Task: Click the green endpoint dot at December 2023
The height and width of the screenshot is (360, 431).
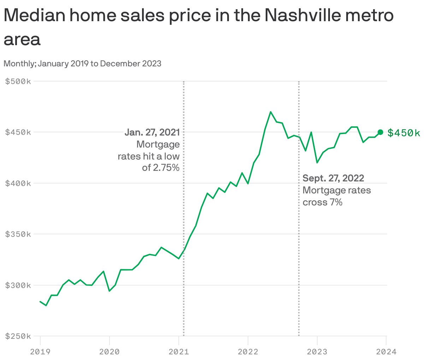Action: [x=380, y=132]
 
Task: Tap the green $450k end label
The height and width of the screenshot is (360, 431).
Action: [x=403, y=133]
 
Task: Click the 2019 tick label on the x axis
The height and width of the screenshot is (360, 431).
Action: [x=40, y=352]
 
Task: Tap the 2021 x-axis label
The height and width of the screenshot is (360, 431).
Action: [x=179, y=352]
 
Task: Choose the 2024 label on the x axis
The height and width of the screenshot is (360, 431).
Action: [x=386, y=352]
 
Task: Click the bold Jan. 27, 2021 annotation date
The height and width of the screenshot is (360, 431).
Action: [x=152, y=132]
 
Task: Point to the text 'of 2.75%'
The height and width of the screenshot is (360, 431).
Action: [x=161, y=168]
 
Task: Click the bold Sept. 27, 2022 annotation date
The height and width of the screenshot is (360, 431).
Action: [x=333, y=178]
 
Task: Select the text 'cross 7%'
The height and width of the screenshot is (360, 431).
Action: [x=322, y=202]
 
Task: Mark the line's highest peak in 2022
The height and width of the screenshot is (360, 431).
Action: [x=270, y=112]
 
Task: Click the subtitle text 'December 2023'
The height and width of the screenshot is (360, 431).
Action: [x=131, y=64]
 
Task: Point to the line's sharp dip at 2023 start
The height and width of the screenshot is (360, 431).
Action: [x=317, y=162]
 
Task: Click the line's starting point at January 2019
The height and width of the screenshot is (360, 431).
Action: [x=40, y=301]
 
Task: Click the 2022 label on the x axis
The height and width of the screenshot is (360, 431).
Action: [x=248, y=352]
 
